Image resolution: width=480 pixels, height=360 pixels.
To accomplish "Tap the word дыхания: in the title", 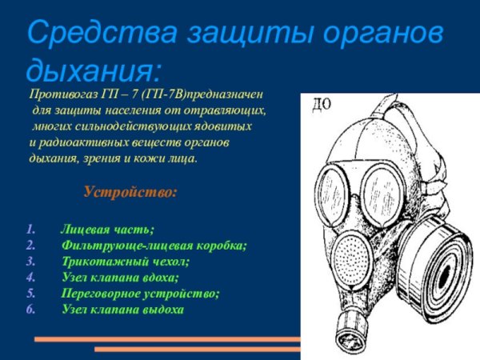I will (93, 71).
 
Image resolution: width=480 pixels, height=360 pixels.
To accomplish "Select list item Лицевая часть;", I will (107, 230).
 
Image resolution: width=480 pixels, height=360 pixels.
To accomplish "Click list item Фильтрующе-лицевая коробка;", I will (154, 246).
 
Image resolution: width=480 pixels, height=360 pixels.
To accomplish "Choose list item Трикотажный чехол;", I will (125, 262).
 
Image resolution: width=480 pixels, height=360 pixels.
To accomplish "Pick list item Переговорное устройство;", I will (140, 294).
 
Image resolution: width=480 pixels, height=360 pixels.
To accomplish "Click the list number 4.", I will (30, 278).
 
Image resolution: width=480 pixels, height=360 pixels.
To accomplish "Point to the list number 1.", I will (30, 230).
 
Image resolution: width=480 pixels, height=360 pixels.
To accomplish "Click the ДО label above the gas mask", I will (321, 105).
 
